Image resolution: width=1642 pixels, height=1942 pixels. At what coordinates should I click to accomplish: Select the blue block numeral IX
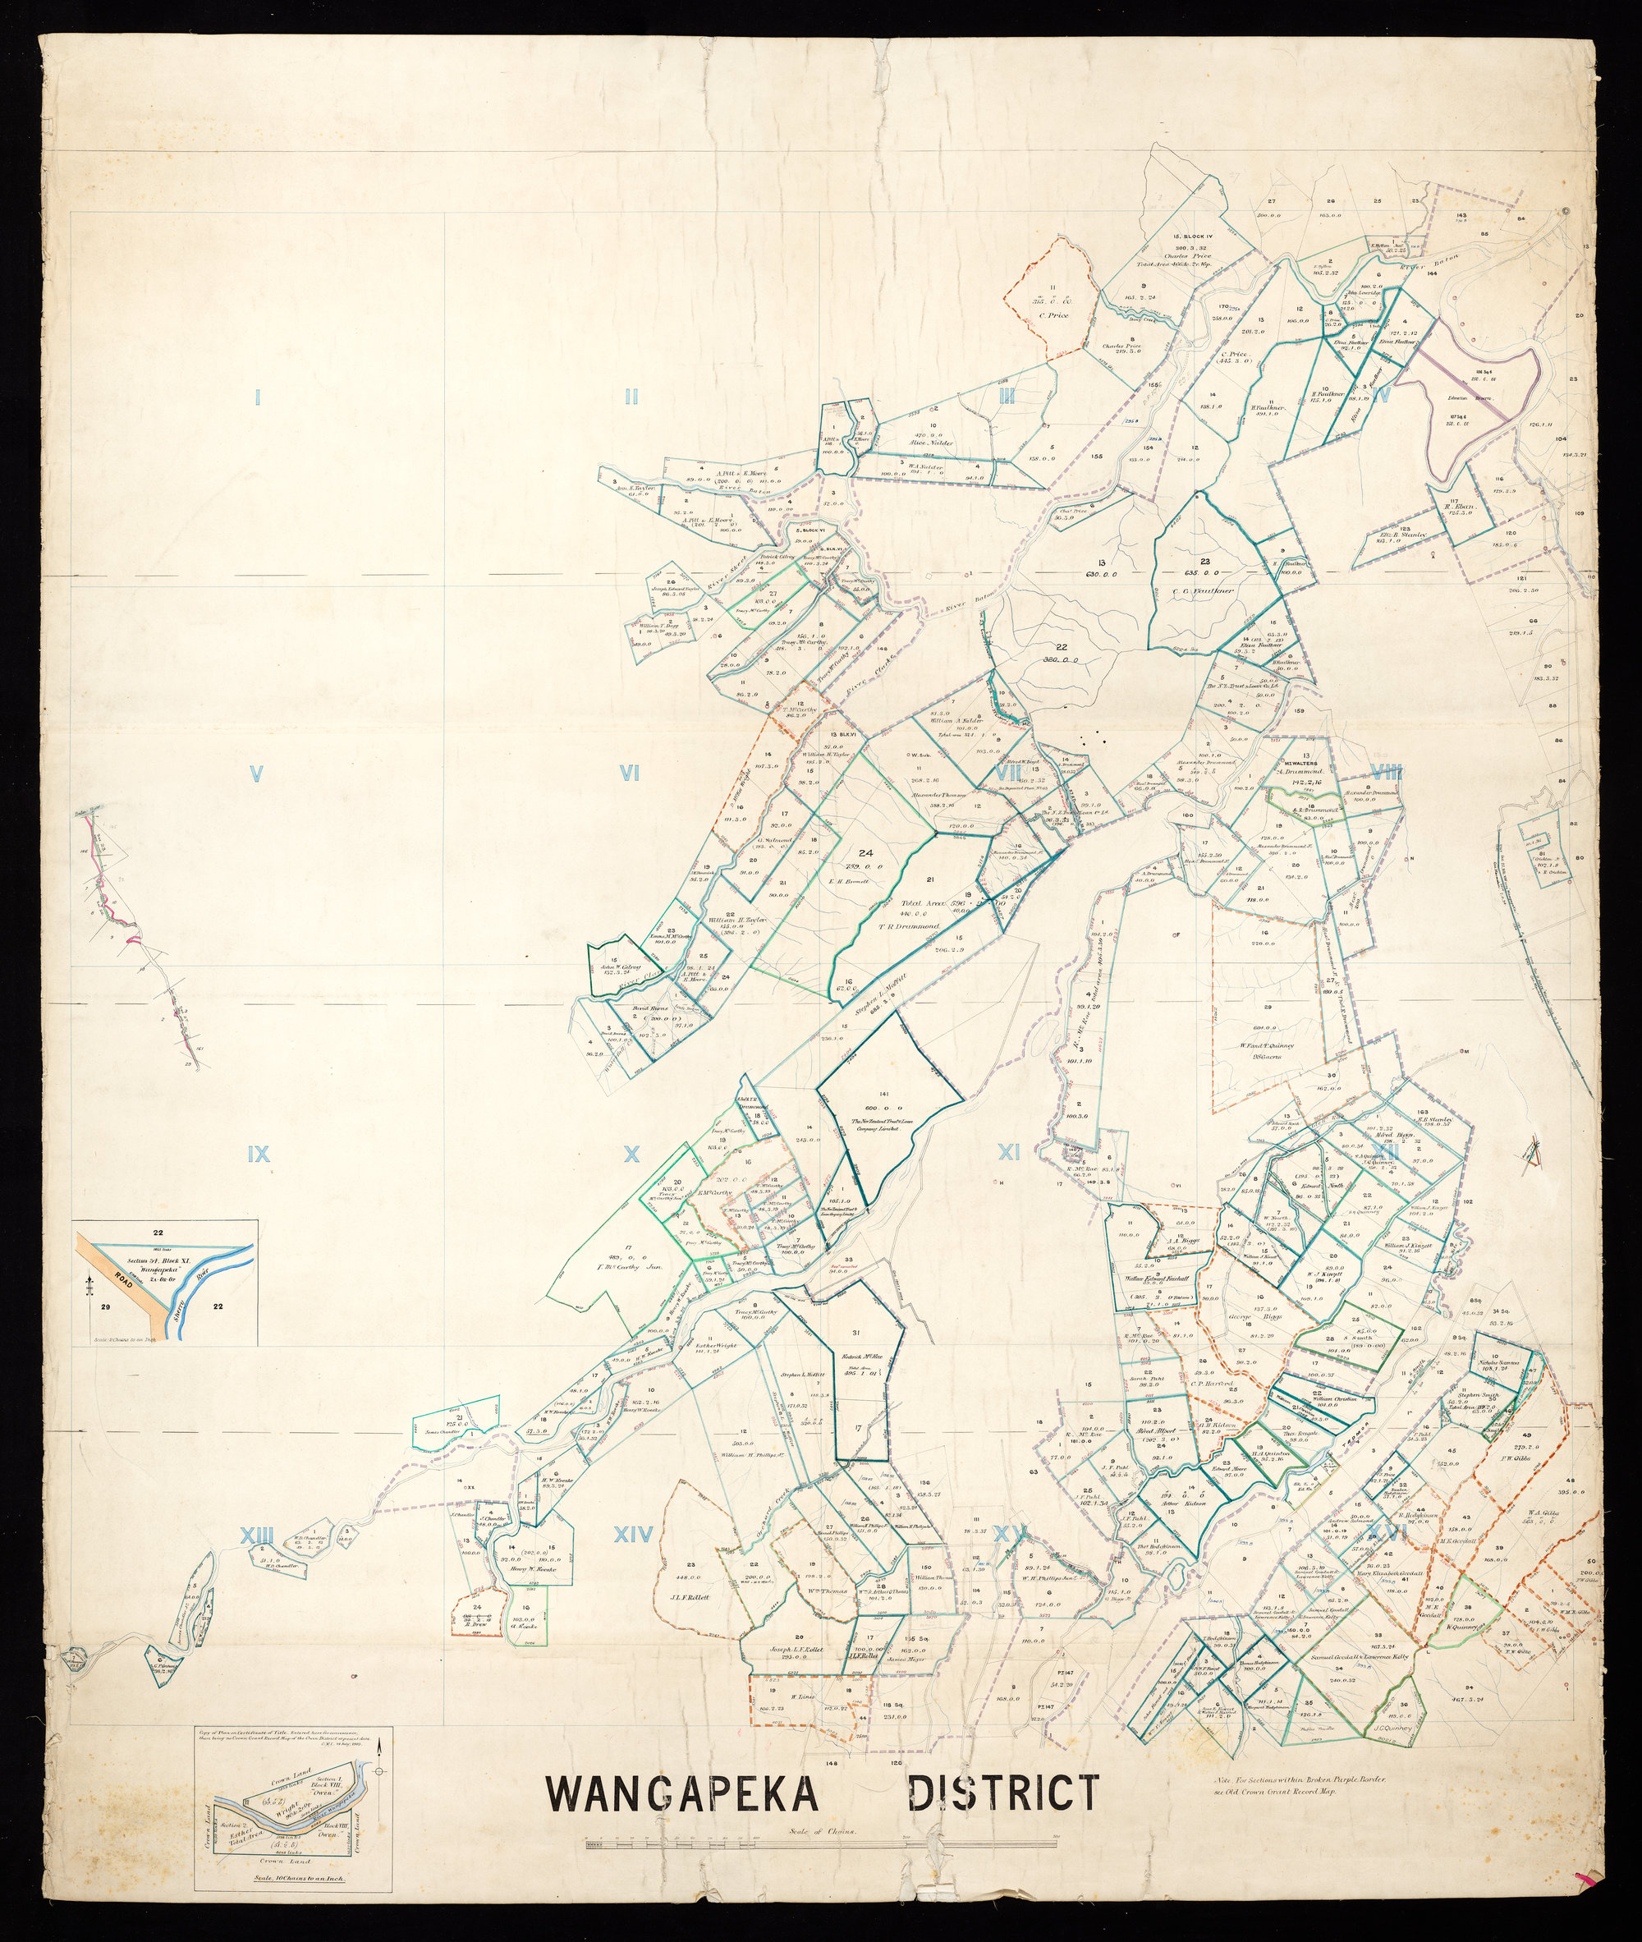tap(259, 1155)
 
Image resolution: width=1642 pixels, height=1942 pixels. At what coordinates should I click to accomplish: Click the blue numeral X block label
tap(632, 1155)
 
